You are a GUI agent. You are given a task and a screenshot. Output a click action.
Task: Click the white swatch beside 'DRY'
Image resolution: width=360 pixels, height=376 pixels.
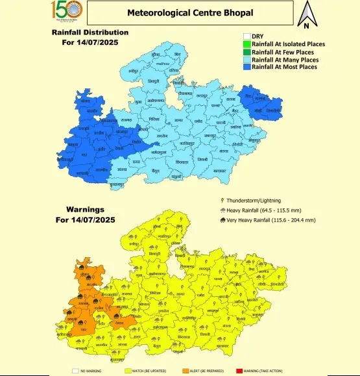(x=246, y=36)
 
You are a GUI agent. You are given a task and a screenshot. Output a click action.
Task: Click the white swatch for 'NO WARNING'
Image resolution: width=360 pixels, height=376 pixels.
(x=75, y=371)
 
